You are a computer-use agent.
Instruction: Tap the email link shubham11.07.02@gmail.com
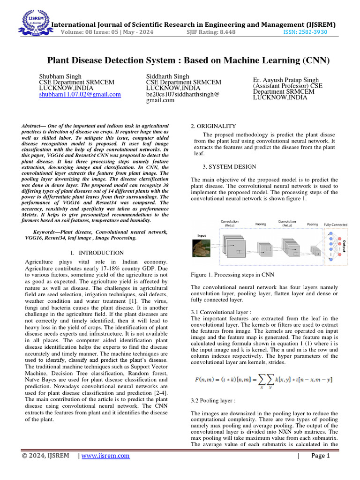click(80, 94)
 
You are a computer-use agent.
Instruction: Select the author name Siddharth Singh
click(168, 76)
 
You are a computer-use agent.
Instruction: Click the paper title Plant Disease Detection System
click(188, 60)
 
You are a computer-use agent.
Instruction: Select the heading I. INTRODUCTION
click(96, 253)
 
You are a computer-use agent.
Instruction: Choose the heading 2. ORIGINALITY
click(210, 126)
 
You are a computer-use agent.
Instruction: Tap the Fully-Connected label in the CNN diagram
click(336, 225)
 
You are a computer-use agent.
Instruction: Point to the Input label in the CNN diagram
click(202, 236)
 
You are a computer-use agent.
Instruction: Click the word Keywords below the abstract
click(46, 232)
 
